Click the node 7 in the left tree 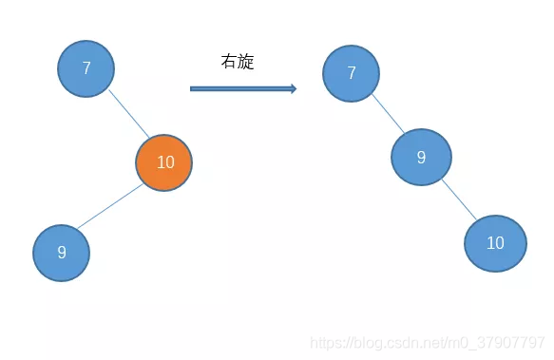coord(86,68)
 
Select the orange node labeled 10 coord(163,162)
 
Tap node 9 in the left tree coord(62,253)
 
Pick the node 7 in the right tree coord(352,73)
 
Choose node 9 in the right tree coord(421,157)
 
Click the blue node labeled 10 coord(495,243)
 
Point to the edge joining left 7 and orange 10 coord(128,114)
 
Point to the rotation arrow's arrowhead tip coord(296,89)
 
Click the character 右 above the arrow coord(228,63)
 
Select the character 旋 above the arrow coord(245,63)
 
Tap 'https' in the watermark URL coord(329,342)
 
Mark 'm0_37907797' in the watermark coord(503,342)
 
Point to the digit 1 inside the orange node coord(159,162)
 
